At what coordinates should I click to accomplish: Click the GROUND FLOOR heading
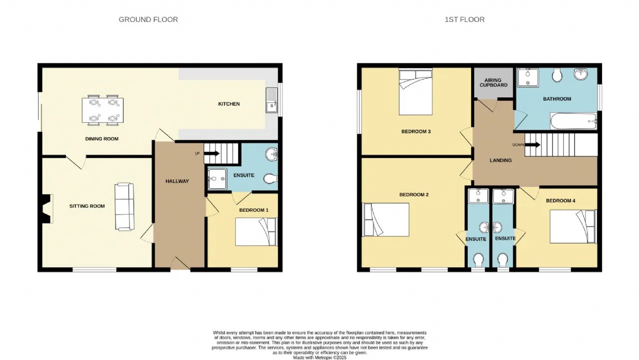pos(148,19)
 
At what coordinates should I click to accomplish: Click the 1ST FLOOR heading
pos(464,19)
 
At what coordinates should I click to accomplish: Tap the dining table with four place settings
pos(103,110)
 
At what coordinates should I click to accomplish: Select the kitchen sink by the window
pos(272,100)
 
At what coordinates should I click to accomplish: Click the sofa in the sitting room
pos(124,207)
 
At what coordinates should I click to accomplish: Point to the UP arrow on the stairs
pos(211,153)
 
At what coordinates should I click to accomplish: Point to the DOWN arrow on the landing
pos(532,145)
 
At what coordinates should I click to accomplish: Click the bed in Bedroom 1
pos(256,232)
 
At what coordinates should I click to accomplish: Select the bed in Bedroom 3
pos(416,92)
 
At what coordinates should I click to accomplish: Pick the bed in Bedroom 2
pos(385,220)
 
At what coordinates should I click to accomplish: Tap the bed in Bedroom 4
pos(573,227)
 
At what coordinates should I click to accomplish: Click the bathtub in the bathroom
pos(574,121)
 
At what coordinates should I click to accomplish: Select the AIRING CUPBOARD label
pos(494,83)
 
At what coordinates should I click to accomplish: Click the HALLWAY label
pos(177,181)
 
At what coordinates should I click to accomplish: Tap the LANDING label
pos(501,160)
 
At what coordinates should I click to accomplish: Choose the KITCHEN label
pos(229,104)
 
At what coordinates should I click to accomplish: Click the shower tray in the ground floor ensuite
pos(217,179)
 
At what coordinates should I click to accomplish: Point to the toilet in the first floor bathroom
pos(557,74)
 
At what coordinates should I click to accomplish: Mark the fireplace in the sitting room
pos(46,209)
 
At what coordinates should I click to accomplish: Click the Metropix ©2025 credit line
pos(320,358)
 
